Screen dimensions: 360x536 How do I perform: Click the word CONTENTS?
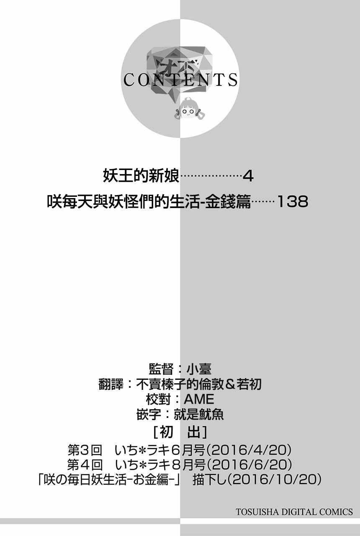(180, 80)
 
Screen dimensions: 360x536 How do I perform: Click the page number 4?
(248, 177)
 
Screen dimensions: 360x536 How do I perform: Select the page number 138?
(292, 201)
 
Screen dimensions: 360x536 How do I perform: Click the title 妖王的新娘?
(141, 176)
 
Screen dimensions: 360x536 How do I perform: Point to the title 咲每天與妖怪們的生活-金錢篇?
(149, 201)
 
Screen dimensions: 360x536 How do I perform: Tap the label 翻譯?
(111, 384)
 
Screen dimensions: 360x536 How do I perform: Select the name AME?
(199, 399)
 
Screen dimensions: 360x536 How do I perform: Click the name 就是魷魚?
(199, 415)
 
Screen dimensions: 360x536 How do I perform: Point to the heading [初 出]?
(180, 433)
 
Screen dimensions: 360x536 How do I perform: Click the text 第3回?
(85, 450)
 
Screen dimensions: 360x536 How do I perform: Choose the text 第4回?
(85, 464)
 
